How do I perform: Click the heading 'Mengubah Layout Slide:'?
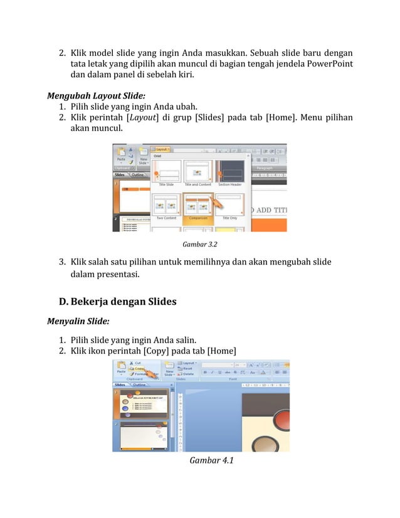point(96,96)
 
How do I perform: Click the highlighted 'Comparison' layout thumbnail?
point(198,205)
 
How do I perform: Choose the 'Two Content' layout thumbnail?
point(166,205)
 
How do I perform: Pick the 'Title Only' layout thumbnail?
point(230,205)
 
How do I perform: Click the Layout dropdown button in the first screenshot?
point(162,150)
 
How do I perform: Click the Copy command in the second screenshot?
point(138,369)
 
